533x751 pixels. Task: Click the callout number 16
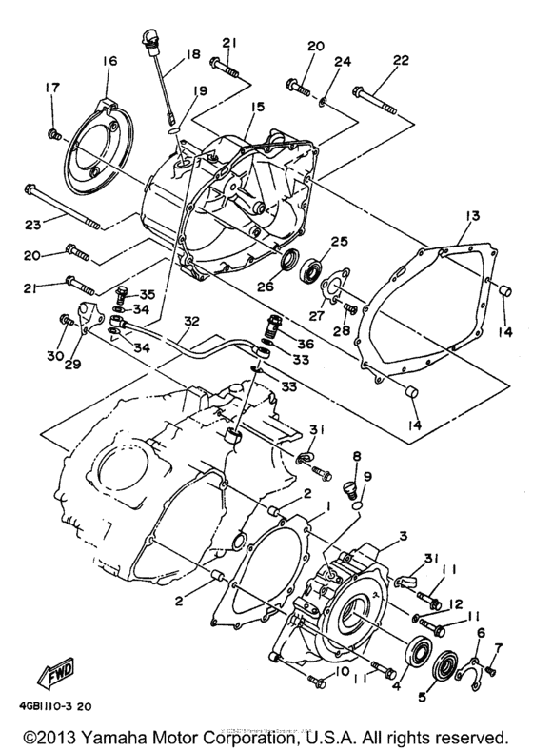109,62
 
